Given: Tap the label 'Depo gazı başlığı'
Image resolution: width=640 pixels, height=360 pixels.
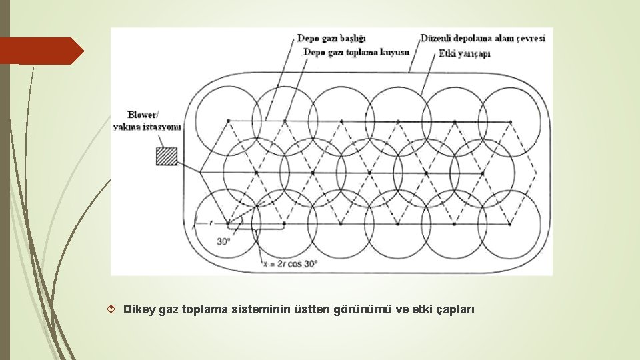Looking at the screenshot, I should [331, 38].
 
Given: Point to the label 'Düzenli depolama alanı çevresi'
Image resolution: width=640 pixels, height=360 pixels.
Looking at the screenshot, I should [483, 38].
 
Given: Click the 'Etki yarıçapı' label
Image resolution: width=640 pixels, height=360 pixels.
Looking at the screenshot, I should [464, 53].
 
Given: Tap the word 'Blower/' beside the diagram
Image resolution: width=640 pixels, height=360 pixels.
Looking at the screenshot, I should [145, 114].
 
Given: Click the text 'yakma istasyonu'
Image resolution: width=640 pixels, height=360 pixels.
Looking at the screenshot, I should [147, 127].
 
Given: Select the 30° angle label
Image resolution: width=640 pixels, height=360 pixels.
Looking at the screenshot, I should [223, 241].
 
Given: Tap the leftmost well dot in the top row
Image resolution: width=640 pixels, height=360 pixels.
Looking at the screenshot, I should [229, 121].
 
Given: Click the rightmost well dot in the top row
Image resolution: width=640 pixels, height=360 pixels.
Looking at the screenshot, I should [511, 121].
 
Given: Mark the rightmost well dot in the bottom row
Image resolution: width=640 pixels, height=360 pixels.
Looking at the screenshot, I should [511, 223].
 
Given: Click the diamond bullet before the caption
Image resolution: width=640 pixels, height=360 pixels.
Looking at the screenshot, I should [111, 310].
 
